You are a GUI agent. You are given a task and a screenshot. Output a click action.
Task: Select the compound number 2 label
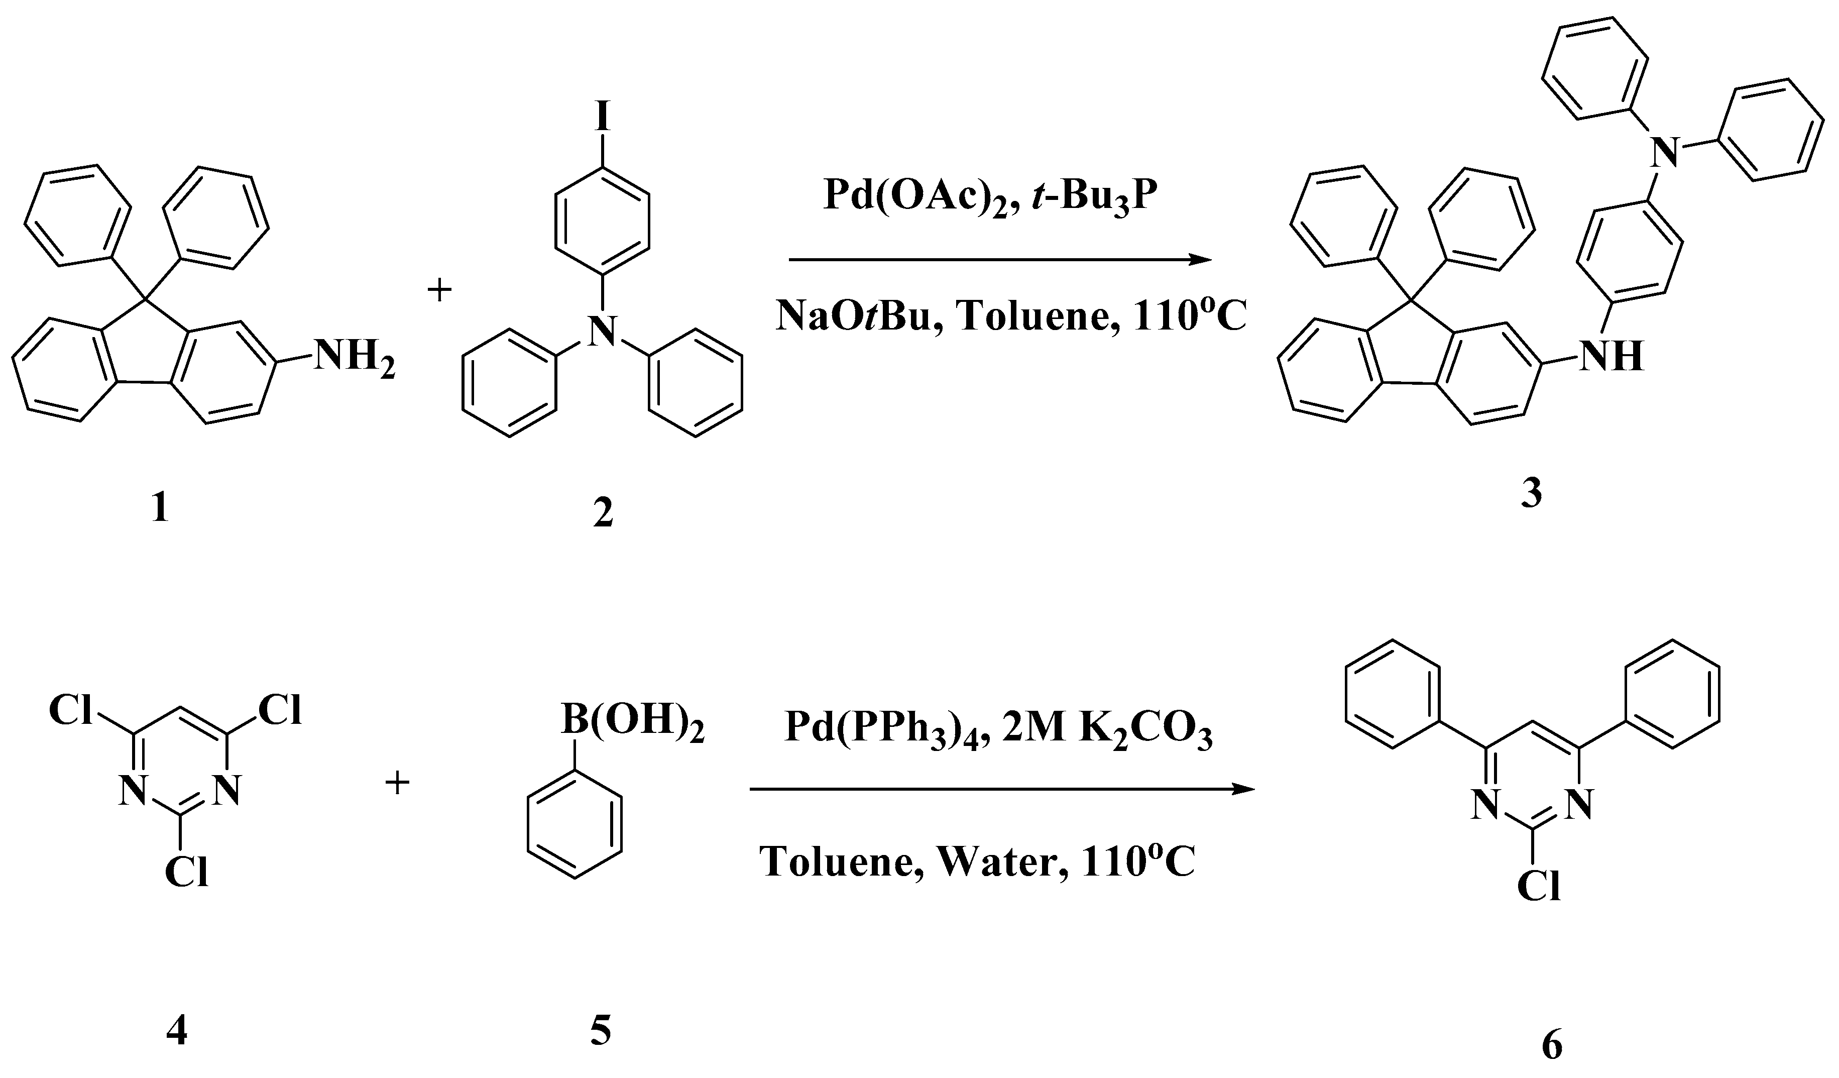[603, 513]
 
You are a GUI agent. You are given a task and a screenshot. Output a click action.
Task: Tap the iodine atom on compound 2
[602, 117]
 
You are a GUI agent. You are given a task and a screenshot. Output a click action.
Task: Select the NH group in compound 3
[1612, 356]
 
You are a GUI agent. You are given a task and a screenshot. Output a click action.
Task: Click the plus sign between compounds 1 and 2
[439, 291]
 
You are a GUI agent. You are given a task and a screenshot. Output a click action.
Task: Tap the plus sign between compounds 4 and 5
[398, 785]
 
